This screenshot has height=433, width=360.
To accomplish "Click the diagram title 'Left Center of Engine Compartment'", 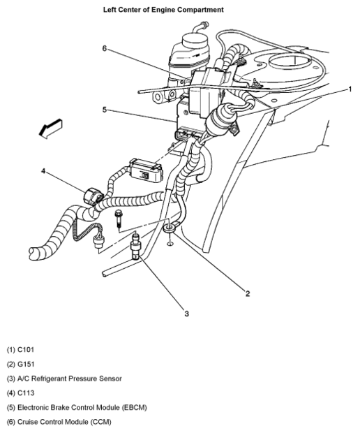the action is pos(163,10).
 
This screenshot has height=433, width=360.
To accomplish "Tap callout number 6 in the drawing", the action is pos(104,48).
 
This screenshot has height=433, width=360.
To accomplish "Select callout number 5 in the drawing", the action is pos(104,110).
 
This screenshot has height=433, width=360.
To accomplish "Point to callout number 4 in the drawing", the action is pos(43,171).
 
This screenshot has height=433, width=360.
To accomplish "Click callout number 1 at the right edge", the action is pos(350,89).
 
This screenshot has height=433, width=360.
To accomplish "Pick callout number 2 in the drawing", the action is pos(248,293).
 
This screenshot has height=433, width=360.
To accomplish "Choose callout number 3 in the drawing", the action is pos(187,314).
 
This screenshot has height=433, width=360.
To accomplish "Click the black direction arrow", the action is pos(50,129).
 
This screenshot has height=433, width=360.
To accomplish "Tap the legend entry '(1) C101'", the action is pos(21,350).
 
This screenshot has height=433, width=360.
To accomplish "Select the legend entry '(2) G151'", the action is pos(21,365).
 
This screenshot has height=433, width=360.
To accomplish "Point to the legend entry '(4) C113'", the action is pos(21,393).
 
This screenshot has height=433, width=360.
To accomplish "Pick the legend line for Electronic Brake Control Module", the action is pos(77,407).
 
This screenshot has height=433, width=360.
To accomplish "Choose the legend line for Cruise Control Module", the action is pos(59,422).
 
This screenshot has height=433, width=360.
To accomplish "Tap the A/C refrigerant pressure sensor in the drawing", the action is pos(135,247).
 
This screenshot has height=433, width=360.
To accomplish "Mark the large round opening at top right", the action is pos(290,61).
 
